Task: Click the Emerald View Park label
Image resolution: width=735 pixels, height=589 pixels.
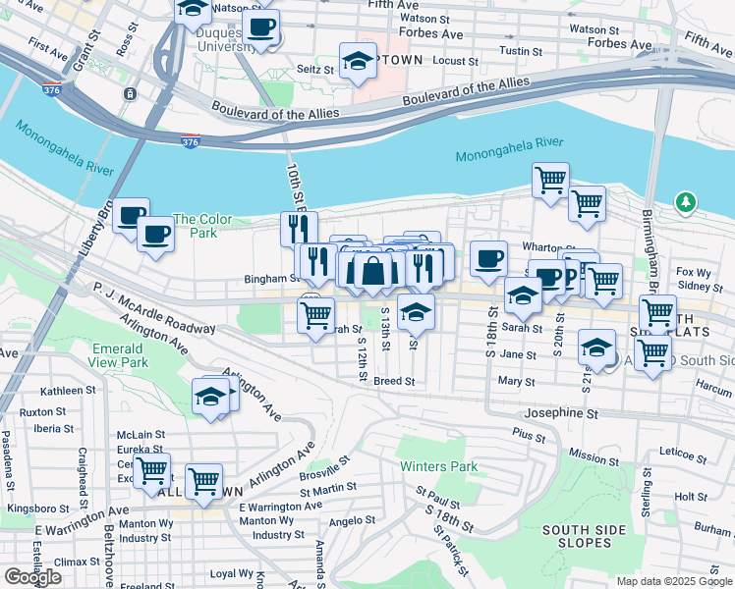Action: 120,355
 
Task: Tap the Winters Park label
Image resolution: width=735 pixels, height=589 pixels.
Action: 437,466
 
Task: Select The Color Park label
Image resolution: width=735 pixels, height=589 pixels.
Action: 202,226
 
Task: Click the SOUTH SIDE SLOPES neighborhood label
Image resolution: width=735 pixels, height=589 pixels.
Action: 584,537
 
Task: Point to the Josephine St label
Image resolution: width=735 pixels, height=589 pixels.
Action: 560,414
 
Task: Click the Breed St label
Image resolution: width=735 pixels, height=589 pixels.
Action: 394,381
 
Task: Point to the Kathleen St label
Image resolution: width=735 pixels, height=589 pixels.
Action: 67,391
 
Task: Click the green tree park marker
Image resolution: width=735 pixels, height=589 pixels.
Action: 686,202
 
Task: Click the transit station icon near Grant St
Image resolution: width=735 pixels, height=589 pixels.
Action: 129,94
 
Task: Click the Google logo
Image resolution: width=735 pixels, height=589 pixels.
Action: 32,577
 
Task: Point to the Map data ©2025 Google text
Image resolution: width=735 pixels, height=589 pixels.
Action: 673,581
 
